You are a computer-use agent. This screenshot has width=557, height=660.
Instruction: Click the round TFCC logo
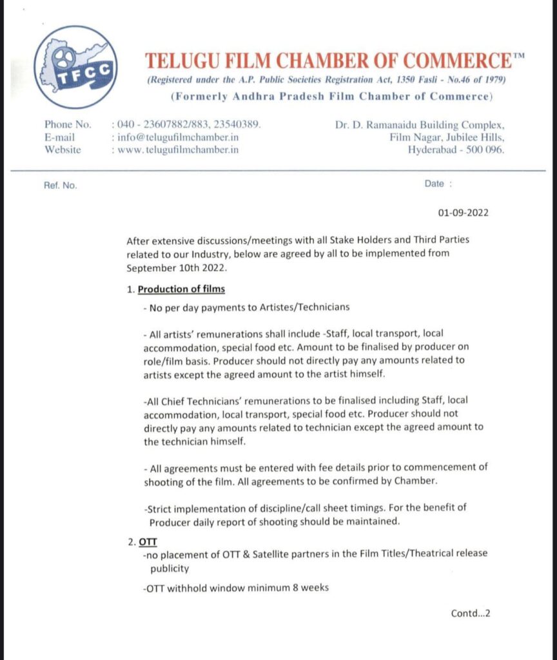point(75,67)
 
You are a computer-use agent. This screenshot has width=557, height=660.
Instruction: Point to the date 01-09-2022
point(462,213)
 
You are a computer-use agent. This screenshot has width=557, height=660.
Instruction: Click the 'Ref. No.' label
point(61,185)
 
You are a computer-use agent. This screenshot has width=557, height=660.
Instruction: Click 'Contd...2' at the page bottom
point(471,613)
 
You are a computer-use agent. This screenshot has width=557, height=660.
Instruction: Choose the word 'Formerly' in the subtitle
point(197,97)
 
